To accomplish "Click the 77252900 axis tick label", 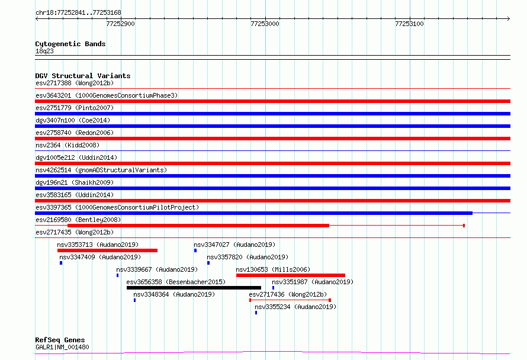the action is pyautogui.click(x=120, y=24).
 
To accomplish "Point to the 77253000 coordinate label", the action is pyautogui.click(x=265, y=24).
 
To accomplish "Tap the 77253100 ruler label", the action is pyautogui.click(x=409, y=24).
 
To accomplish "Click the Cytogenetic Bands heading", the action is pyautogui.click(x=70, y=44).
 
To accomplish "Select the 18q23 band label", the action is pyautogui.click(x=44, y=51).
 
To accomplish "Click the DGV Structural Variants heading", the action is pyautogui.click(x=83, y=76).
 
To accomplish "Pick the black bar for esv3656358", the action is pyautogui.click(x=194, y=288).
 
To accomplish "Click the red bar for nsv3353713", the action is pyautogui.click(x=108, y=250).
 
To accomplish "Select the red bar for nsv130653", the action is pyautogui.click(x=291, y=275).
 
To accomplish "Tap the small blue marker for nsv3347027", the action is pyautogui.click(x=195, y=250).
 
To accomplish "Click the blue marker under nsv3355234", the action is pyautogui.click(x=256, y=313).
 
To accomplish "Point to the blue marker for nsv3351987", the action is pyautogui.click(x=273, y=288).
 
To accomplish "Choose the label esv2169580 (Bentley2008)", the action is pyautogui.click(x=78, y=220).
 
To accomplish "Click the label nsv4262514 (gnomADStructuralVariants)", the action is pyautogui.click(x=101, y=170).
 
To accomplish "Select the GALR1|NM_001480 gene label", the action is pyautogui.click(x=62, y=347).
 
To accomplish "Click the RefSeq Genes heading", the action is pyautogui.click(x=60, y=340).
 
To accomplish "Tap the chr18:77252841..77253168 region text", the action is pyautogui.click(x=78, y=13).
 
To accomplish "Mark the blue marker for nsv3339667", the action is pyautogui.click(x=118, y=275).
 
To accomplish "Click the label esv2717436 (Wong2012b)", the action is pyautogui.click(x=288, y=294).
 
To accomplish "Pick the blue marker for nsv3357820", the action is pyautogui.click(x=208, y=263).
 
